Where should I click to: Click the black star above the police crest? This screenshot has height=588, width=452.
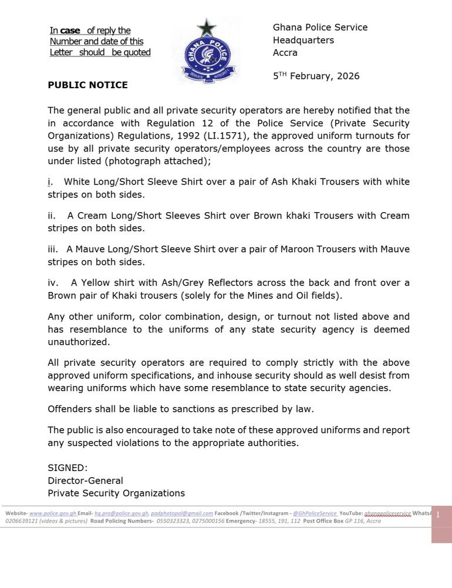(x=207, y=27)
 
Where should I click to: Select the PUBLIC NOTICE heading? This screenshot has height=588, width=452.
(x=87, y=85)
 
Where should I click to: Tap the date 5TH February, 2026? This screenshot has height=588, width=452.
(x=316, y=76)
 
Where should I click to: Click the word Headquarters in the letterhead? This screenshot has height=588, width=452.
(x=303, y=40)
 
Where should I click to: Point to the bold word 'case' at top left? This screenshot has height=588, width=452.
(x=70, y=31)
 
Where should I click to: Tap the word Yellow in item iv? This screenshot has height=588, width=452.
(x=97, y=283)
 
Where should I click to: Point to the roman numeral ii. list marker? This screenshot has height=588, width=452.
(x=52, y=216)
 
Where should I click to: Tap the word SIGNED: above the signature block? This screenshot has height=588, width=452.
(x=68, y=468)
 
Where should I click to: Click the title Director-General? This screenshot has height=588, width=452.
(x=85, y=481)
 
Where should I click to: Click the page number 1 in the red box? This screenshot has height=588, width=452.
(x=438, y=515)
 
